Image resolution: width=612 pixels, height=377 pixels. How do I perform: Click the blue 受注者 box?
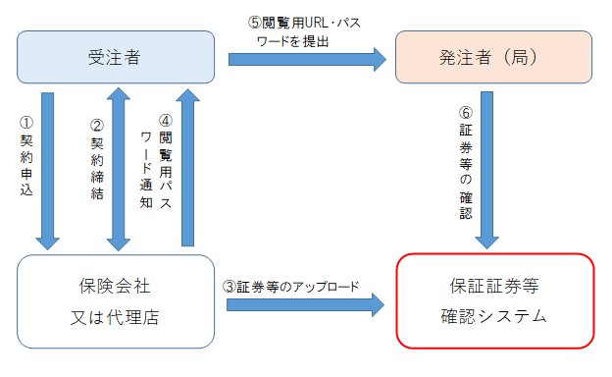pyautogui.click(x=116, y=57)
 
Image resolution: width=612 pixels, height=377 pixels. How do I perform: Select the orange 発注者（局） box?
pyautogui.click(x=493, y=57)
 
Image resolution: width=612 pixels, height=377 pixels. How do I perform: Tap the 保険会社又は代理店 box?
pyautogui.click(x=116, y=301)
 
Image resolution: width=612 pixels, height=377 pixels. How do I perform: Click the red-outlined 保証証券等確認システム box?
pyautogui.click(x=494, y=301)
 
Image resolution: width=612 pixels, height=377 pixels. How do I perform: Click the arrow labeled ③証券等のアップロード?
pyautogui.click(x=305, y=304)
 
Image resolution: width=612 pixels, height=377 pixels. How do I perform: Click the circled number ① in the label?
pyautogui.click(x=26, y=125)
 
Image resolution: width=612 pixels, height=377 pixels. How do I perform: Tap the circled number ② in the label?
pyautogui.click(x=95, y=125)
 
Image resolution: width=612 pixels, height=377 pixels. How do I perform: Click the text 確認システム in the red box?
pyautogui.click(x=494, y=317)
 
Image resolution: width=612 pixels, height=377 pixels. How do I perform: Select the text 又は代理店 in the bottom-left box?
pyautogui.click(x=116, y=317)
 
